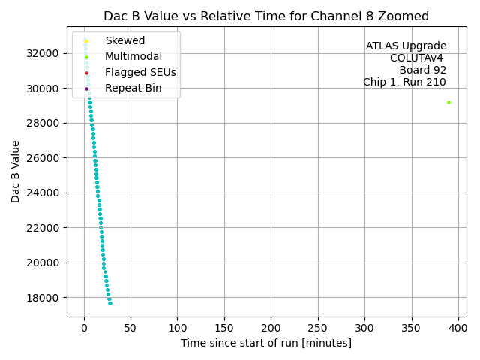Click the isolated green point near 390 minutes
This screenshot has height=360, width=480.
[x=448, y=102]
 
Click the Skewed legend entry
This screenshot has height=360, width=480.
[x=124, y=40]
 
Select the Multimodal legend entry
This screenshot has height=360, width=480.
[x=133, y=56]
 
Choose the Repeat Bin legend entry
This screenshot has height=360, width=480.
[x=133, y=88]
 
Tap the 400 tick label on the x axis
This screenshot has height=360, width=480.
[x=458, y=328]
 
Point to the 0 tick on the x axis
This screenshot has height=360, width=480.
[x=84, y=328]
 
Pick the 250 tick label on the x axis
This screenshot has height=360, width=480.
[x=318, y=328]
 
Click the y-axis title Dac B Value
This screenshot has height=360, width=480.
[x=16, y=172]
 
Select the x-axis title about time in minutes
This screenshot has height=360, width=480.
[x=266, y=343]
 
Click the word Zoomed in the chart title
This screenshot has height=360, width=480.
[x=403, y=16]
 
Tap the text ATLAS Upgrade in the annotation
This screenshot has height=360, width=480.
[x=406, y=46]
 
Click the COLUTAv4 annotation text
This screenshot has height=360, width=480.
[x=418, y=58]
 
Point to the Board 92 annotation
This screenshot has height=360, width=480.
[x=422, y=70]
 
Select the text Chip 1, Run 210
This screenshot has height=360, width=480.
[x=404, y=82]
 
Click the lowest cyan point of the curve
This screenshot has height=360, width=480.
[x=110, y=303]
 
